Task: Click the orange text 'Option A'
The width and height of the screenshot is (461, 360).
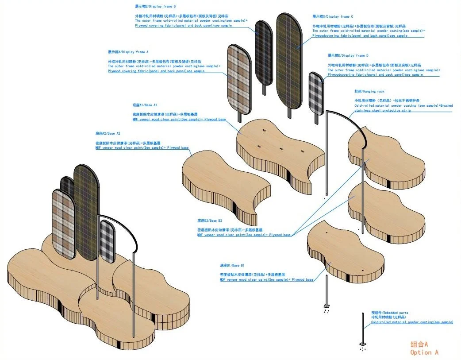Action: click(424, 352)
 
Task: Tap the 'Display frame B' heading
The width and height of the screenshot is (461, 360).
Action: click(155, 7)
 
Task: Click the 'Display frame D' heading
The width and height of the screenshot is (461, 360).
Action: click(348, 55)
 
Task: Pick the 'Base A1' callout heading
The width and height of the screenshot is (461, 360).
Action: click(145, 105)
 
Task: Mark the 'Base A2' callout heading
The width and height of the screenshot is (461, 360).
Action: click(108, 133)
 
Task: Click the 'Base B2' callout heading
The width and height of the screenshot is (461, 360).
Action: click(210, 221)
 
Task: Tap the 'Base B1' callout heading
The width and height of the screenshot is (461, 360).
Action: click(232, 265)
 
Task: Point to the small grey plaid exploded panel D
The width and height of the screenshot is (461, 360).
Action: click(315, 93)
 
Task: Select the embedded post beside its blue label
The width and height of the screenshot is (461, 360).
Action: click(363, 328)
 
